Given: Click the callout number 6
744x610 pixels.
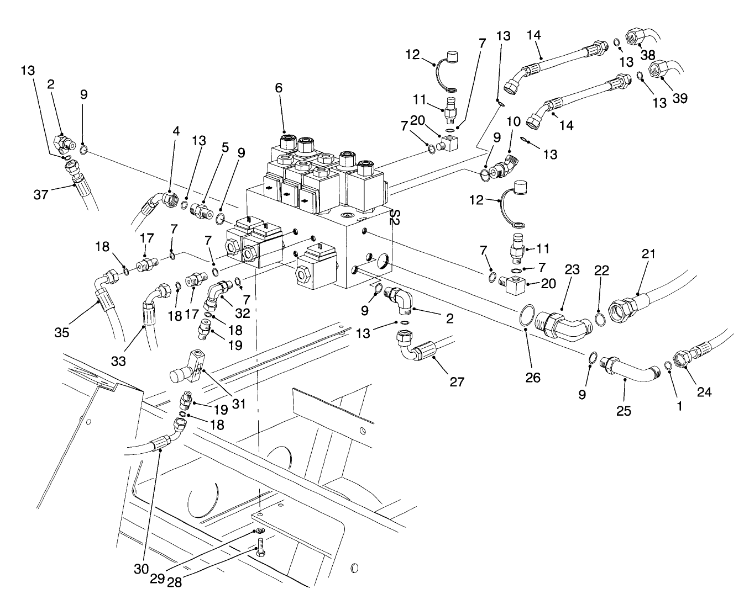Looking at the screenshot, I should pos(279,87).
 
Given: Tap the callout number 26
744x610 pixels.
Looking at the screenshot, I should pos(533,377).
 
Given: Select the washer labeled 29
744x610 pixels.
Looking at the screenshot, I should pos(259,531).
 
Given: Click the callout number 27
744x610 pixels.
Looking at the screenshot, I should pos(457,381).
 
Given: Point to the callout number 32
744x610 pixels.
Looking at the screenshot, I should pos(242,313).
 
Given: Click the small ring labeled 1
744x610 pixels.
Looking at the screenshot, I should pos(668,366).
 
